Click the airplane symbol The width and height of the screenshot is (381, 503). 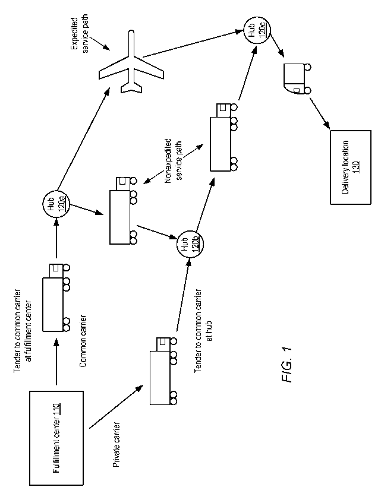pyautogui.click(x=131, y=62)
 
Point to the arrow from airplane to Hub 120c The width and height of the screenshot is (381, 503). pyautogui.click(x=193, y=44)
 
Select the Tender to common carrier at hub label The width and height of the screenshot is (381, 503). pyautogui.click(x=203, y=331)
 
